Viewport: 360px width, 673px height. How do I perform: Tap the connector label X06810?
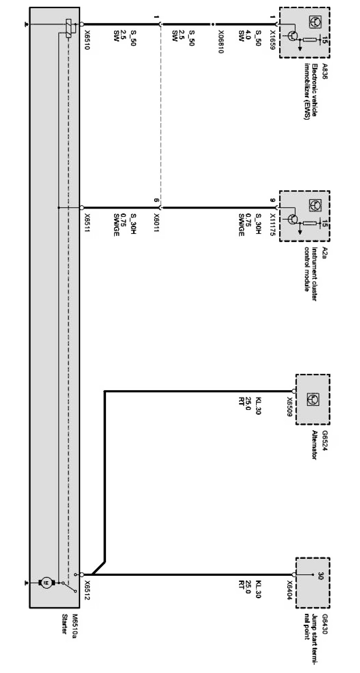(x=220, y=42)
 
